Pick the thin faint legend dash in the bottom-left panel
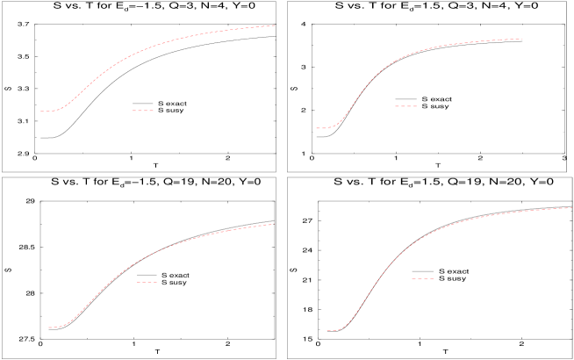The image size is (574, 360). point(147,282)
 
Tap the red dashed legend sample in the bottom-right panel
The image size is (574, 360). point(422,278)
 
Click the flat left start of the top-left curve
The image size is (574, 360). point(41,112)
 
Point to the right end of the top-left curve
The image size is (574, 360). point(276,25)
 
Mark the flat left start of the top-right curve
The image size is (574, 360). point(318,128)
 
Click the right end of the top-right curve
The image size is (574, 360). point(523,39)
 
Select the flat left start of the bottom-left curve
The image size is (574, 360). point(50,328)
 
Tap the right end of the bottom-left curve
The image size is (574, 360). point(274,224)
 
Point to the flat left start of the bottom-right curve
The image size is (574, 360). point(327,331)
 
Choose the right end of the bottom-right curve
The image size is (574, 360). point(571,207)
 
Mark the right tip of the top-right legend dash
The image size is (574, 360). point(417,106)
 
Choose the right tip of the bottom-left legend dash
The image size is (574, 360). point(157,282)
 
